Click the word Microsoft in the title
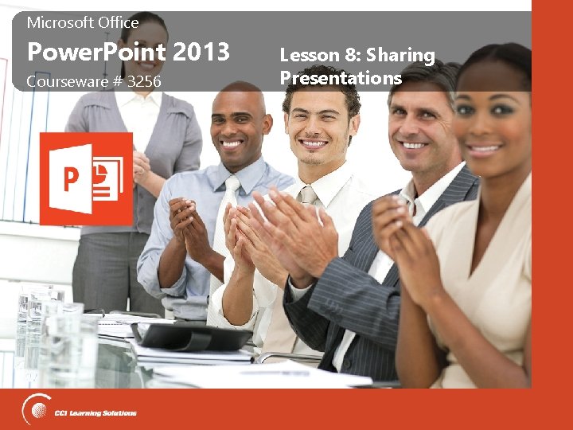(x=58, y=23)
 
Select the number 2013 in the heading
(x=201, y=53)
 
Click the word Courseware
(x=64, y=81)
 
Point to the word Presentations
(x=341, y=78)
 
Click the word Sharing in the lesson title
(x=402, y=56)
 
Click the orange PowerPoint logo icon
(x=86, y=179)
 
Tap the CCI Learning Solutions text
(x=96, y=412)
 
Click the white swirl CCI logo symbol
(x=37, y=410)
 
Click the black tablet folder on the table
(x=191, y=335)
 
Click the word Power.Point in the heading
(x=95, y=53)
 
